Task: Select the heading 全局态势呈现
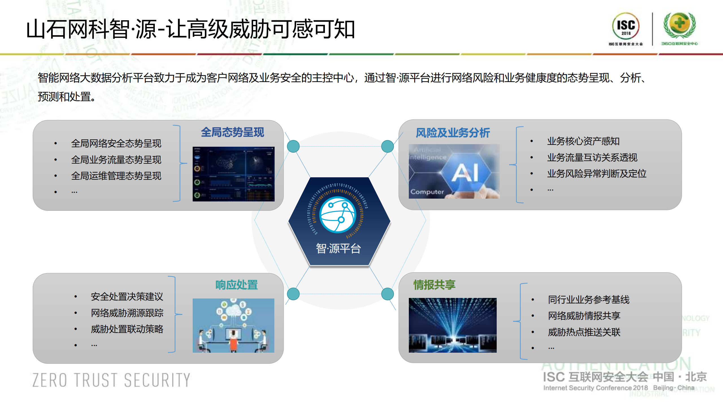click(233, 132)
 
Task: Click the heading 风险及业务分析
click(453, 133)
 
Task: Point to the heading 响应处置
click(236, 285)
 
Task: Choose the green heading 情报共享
click(434, 285)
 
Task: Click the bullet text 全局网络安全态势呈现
click(116, 143)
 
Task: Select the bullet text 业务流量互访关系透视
click(592, 157)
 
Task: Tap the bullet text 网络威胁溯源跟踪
click(127, 313)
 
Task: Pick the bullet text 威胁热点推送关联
click(584, 332)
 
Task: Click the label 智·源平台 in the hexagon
click(338, 249)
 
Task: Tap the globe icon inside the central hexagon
click(338, 215)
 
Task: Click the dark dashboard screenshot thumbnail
click(233, 174)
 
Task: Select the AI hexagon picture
click(454, 171)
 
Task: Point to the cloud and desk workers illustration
click(233, 325)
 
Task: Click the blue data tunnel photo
click(452, 325)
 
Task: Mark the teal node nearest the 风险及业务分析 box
click(387, 146)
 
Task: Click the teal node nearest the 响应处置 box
click(293, 294)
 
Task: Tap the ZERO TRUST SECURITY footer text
click(111, 380)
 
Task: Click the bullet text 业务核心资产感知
click(583, 141)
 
